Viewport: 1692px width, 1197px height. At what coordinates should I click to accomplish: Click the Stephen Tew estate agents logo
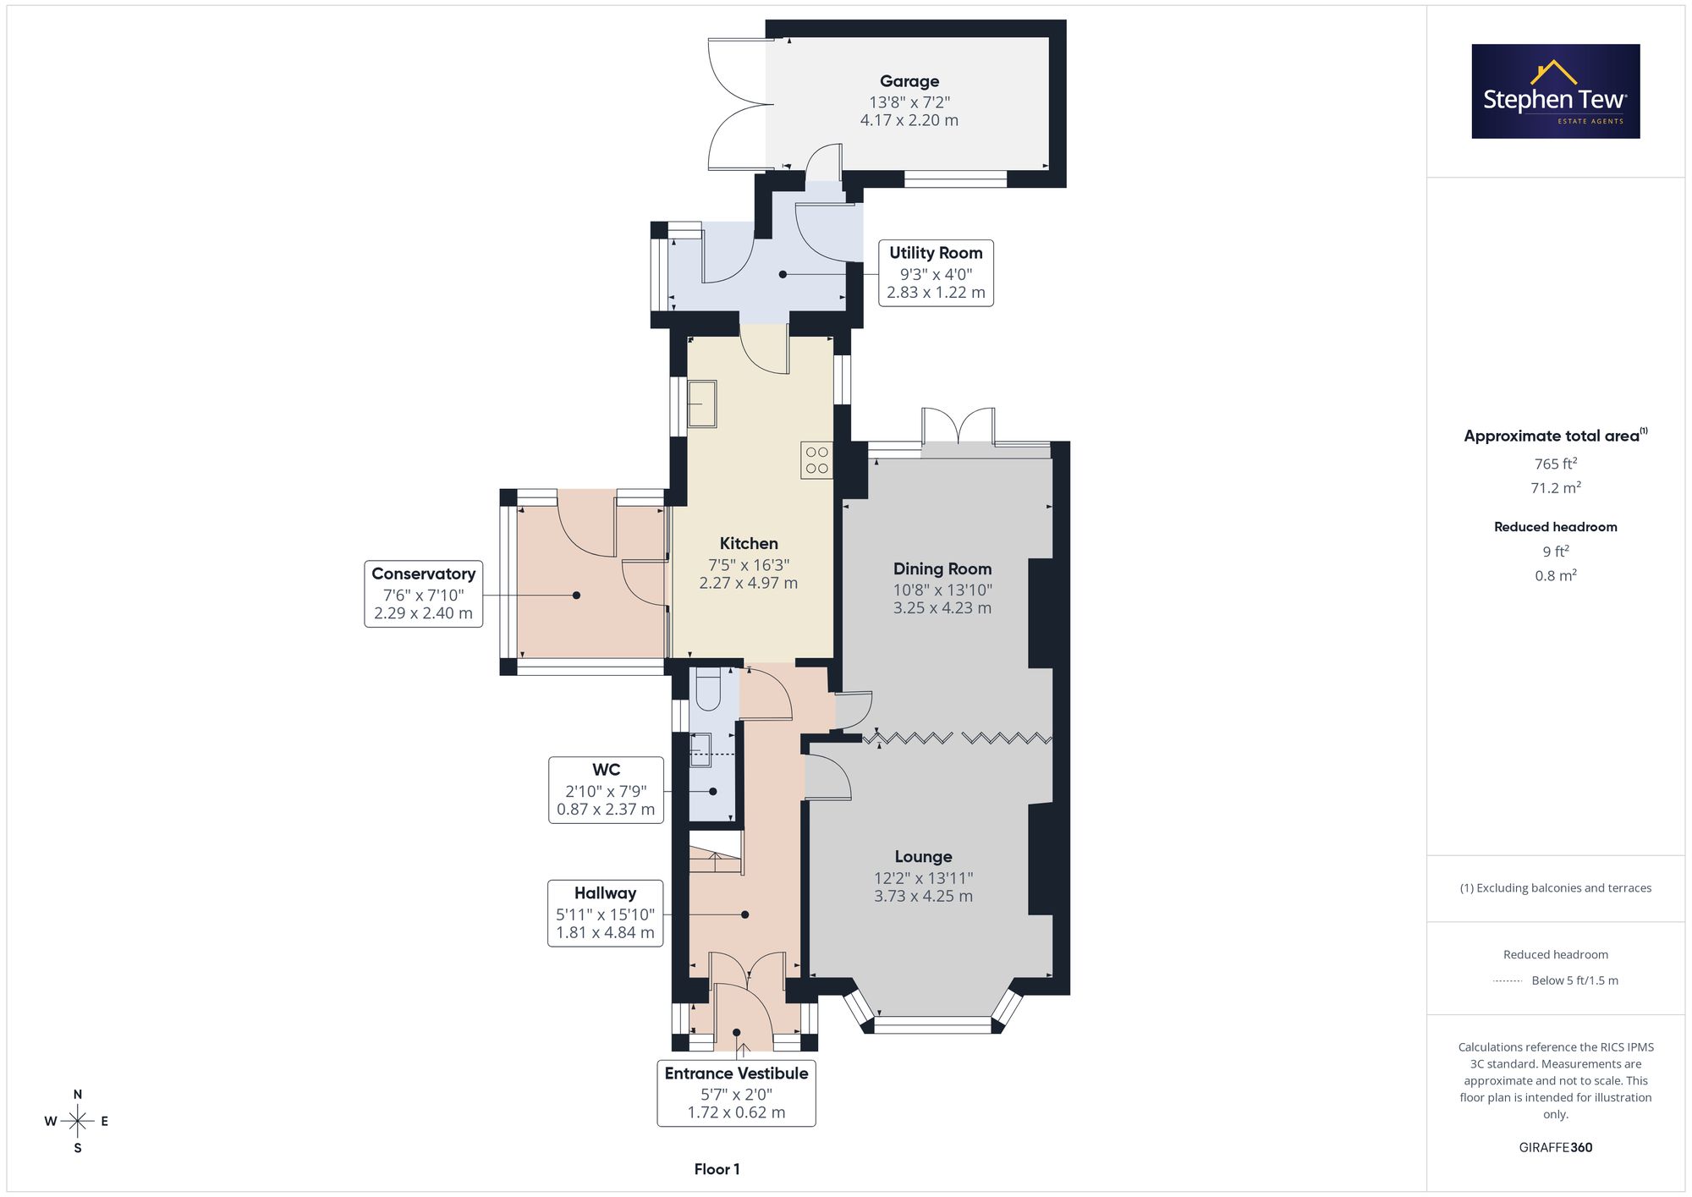tap(1556, 91)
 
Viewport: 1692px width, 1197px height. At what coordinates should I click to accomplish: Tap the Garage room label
tap(909, 81)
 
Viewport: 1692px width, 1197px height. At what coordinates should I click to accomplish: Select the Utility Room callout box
tap(936, 272)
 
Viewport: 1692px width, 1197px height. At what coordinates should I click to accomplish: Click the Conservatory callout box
tap(423, 594)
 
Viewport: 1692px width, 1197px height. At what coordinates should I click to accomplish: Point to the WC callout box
tap(606, 790)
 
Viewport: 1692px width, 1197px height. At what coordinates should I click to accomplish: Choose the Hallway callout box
tap(605, 914)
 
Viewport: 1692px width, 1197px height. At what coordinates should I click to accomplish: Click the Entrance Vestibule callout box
tap(736, 1093)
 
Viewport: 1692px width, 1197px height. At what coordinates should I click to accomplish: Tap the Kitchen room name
tap(749, 543)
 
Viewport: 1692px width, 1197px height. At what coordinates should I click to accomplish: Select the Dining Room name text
tap(942, 569)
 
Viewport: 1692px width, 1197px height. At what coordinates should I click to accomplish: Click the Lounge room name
tap(923, 857)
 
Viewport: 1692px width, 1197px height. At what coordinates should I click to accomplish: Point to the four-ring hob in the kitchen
tap(816, 460)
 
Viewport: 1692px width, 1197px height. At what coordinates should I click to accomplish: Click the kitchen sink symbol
tap(702, 404)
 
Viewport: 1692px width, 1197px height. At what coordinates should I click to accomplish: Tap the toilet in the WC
tap(707, 689)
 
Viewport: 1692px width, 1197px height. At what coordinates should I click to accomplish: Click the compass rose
tap(77, 1122)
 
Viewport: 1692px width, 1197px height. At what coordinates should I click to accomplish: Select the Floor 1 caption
tap(717, 1169)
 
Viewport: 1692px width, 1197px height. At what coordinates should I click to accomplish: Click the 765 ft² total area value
tap(1555, 464)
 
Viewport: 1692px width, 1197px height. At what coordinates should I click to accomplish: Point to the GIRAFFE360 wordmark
tap(1555, 1147)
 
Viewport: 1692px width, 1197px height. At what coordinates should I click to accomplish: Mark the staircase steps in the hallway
tap(716, 853)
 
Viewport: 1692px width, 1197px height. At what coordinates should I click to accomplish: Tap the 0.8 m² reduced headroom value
tap(1555, 575)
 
